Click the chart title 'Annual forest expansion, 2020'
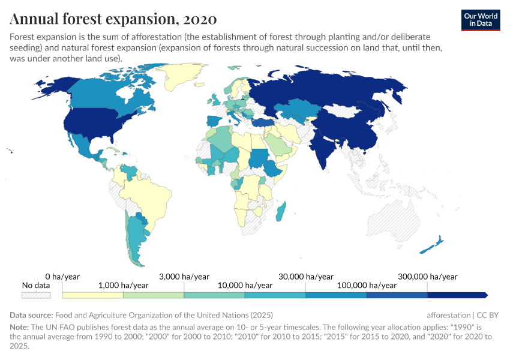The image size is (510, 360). coord(113,19)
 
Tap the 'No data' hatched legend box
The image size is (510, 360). coord(36,295)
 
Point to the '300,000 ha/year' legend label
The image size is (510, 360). coord(428,277)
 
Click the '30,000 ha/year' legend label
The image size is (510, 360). coord(306,277)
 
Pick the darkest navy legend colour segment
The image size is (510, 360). coord(456,295)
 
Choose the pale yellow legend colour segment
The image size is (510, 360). coord(92,295)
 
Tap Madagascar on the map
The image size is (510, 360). coord(282,211)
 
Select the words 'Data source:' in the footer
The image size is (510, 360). coord(31,315)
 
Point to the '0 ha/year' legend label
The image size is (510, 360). coord(62,277)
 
